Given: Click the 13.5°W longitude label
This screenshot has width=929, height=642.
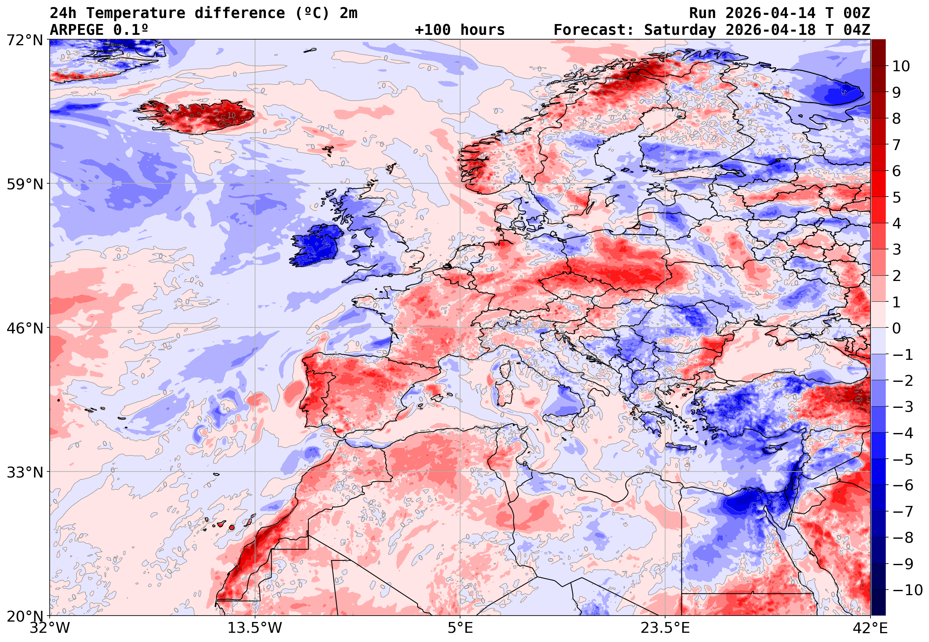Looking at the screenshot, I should pyautogui.click(x=255, y=628).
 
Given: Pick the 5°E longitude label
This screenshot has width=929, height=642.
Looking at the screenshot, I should pyautogui.click(x=460, y=628).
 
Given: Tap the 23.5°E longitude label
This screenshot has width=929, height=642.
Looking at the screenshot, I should pyautogui.click(x=665, y=628).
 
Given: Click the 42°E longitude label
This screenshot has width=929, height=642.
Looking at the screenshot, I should pyautogui.click(x=870, y=628).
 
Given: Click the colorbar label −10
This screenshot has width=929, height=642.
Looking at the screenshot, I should pyautogui.click(x=907, y=590).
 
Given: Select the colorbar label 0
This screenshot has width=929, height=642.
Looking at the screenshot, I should pyautogui.click(x=897, y=328).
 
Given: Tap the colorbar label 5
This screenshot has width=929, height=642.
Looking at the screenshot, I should pyautogui.click(x=897, y=197).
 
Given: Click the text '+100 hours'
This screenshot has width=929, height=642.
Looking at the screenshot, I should pyautogui.click(x=460, y=30).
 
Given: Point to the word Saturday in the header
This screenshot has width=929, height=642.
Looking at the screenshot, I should pyautogui.click(x=680, y=30).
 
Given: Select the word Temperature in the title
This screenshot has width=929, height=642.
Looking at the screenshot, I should pyautogui.click(x=136, y=13).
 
